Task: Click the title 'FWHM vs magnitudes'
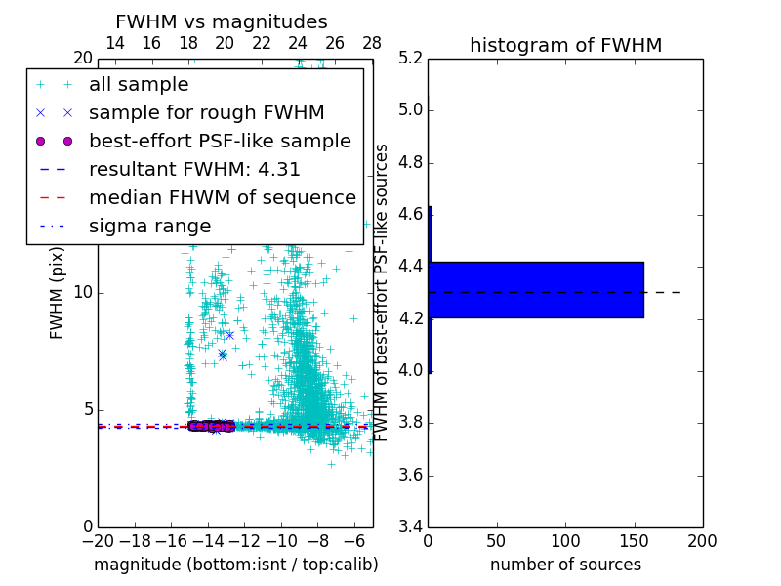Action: point(222,22)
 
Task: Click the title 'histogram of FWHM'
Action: point(565,45)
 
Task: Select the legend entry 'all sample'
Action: point(139,85)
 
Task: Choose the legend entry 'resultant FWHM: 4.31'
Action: point(194,169)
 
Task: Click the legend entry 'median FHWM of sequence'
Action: point(222,197)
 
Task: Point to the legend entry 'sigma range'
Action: point(149,226)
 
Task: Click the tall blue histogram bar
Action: point(536,290)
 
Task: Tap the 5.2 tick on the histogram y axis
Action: point(409,58)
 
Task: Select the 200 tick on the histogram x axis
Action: point(702,541)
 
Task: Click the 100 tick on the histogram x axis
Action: point(565,541)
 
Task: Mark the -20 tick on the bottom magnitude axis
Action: point(98,541)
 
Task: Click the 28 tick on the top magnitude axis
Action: point(372,43)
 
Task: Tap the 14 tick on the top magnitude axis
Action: point(114,43)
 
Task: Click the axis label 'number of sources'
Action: point(565,565)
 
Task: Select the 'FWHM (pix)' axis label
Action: point(58,292)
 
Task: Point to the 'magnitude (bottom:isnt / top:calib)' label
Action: point(235,565)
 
